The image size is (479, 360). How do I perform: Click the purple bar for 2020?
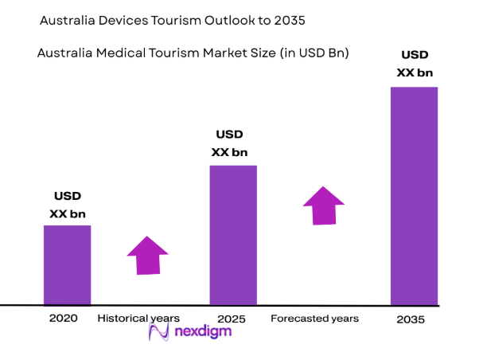coord(67,264)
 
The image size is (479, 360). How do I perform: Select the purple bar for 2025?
coord(233,235)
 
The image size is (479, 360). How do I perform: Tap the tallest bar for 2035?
coord(414,196)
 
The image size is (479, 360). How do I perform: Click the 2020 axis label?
coord(63,319)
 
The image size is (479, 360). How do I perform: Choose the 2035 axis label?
coord(411,319)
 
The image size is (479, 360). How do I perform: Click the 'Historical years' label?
coord(138,319)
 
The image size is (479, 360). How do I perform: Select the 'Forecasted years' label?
coord(314,319)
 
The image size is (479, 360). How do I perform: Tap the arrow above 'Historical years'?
coord(149,256)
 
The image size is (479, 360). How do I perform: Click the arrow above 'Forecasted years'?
coord(324,205)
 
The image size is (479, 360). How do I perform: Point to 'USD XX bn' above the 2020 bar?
coord(67,205)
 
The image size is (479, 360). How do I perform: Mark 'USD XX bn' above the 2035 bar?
coord(414,64)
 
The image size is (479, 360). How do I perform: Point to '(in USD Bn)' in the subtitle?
coord(317,53)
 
